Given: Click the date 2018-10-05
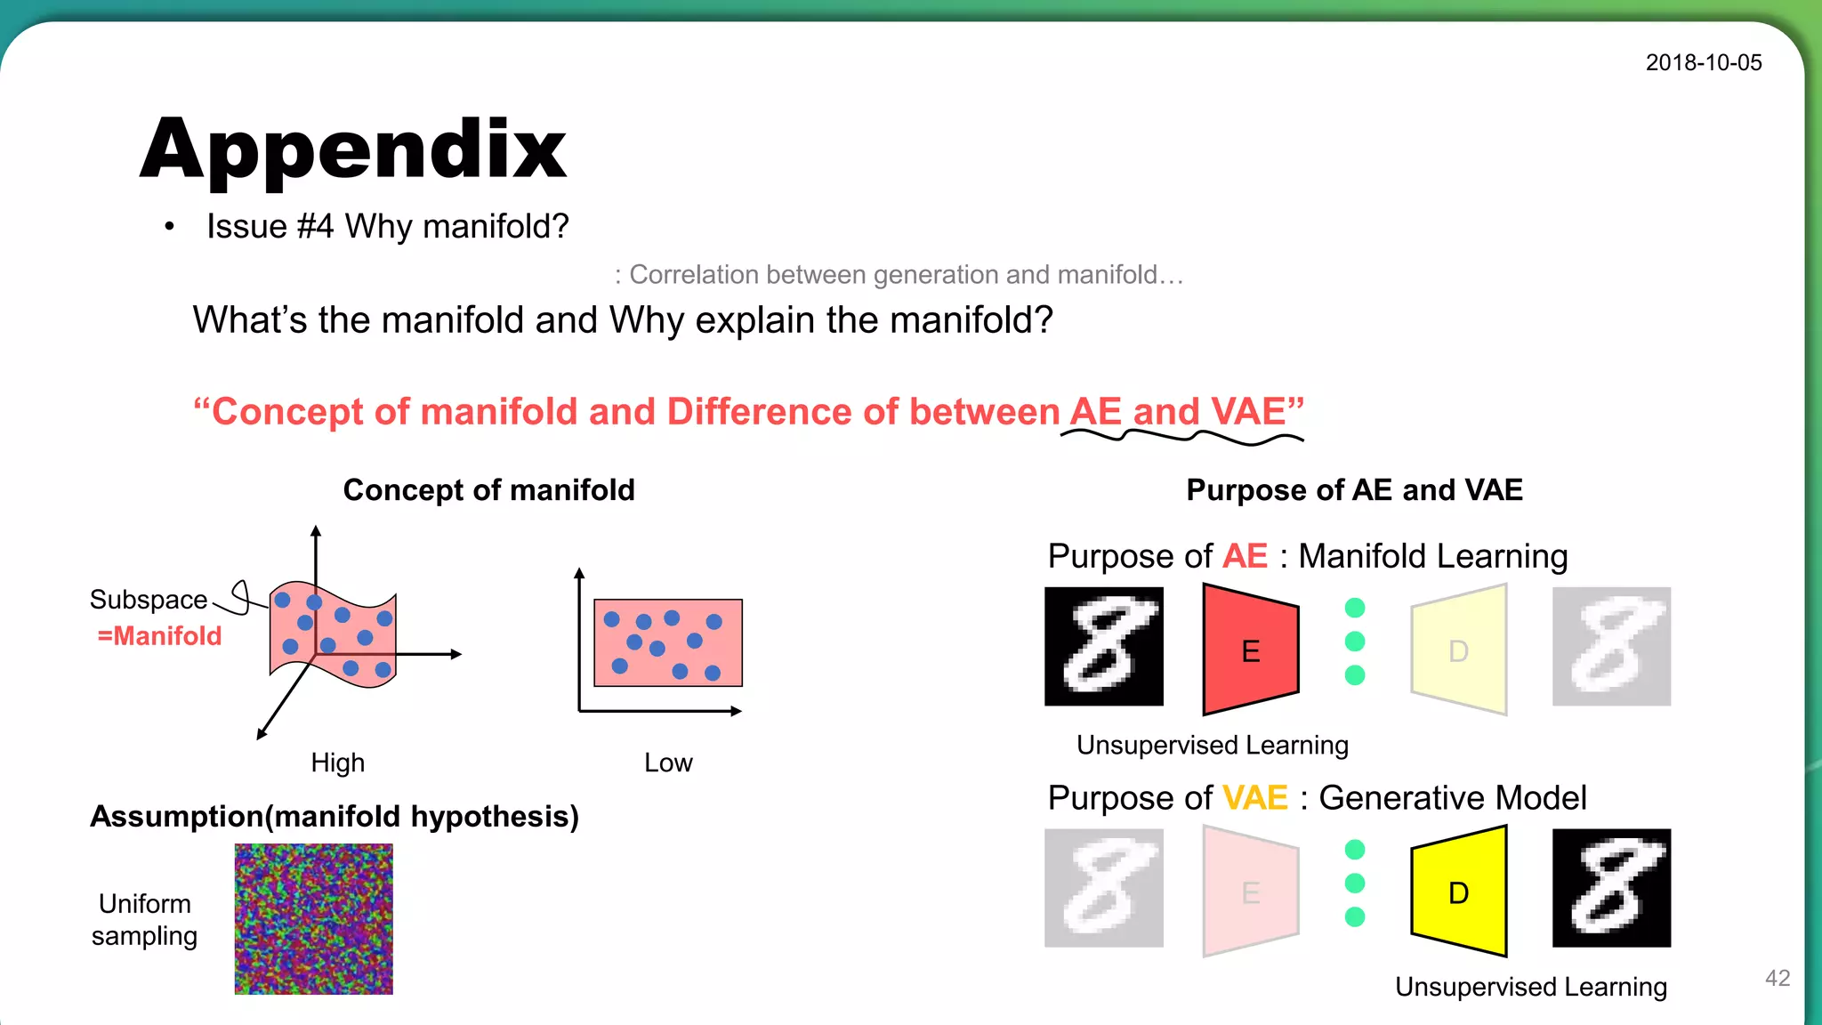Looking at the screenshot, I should coord(1703,62).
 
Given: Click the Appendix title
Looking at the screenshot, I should coord(353,149).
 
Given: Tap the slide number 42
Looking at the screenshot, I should coord(1777,978).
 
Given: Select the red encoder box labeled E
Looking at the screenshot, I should coord(1250,650).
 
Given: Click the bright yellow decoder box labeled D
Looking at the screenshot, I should coord(1459,892).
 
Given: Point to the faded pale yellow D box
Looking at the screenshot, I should coord(1459,650).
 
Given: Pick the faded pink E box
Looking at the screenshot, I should coord(1250,892).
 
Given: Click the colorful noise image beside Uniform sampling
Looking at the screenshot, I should coord(313,918).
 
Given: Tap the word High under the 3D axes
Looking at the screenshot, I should coord(337,763).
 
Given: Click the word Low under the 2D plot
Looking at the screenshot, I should coord(668,763).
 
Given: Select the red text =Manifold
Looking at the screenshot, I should coord(159,636).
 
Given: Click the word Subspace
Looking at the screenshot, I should coord(149,600).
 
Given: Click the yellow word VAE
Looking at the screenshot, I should coord(1254,797).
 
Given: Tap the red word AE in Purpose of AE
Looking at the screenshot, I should coord(1245,556).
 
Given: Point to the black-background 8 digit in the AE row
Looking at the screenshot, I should coord(1103,647).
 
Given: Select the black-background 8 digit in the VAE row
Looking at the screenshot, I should coord(1611,888).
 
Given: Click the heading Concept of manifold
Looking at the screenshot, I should coord(488,490).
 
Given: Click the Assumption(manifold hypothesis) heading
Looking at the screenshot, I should coord(335,816).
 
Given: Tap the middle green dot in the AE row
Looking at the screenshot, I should coord(1355,642).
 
